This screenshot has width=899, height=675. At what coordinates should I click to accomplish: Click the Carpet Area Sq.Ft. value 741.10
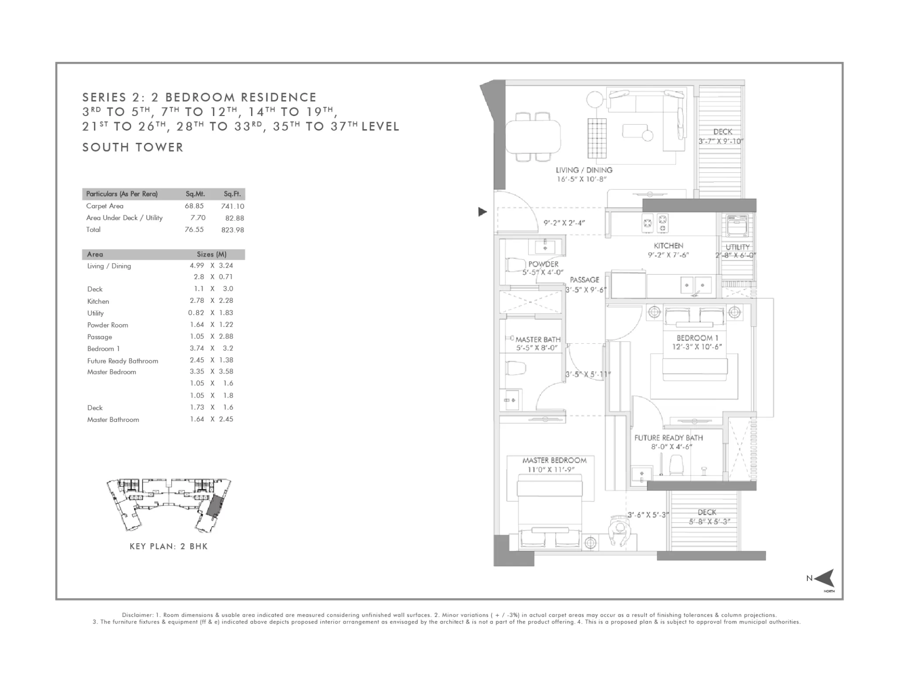pyautogui.click(x=233, y=206)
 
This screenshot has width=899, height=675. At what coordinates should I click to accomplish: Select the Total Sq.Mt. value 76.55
pyautogui.click(x=194, y=229)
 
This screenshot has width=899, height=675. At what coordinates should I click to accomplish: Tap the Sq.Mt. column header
pyautogui.click(x=195, y=194)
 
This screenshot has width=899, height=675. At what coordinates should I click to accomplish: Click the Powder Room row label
pyautogui.click(x=108, y=325)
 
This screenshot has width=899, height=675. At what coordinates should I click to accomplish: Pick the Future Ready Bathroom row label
pyautogui.click(x=122, y=361)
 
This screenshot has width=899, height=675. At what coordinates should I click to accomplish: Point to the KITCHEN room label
pyautogui.click(x=668, y=246)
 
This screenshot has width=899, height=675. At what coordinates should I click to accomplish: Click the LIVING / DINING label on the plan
pyautogui.click(x=584, y=170)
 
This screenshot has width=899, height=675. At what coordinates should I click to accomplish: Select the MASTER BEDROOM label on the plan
pyautogui.click(x=554, y=460)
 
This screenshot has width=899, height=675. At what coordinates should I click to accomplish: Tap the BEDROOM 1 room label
pyautogui.click(x=698, y=338)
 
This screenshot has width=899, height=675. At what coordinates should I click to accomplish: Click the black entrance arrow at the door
pyautogui.click(x=482, y=212)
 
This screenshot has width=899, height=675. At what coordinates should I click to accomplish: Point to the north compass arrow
pyautogui.click(x=824, y=578)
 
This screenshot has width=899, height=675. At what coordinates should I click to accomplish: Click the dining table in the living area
pyautogui.click(x=533, y=137)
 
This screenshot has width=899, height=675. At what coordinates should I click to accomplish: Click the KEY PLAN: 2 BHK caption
pyautogui.click(x=169, y=546)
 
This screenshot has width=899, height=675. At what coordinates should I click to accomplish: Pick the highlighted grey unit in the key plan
pyautogui.click(x=215, y=506)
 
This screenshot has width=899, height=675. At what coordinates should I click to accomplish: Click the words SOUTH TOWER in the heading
pyautogui.click(x=133, y=147)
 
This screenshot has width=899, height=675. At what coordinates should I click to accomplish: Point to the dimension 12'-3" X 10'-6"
pyautogui.click(x=697, y=347)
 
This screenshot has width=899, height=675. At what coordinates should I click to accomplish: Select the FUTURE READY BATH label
pyautogui.click(x=669, y=438)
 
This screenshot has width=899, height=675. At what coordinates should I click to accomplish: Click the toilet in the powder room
pyautogui.click(x=516, y=265)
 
